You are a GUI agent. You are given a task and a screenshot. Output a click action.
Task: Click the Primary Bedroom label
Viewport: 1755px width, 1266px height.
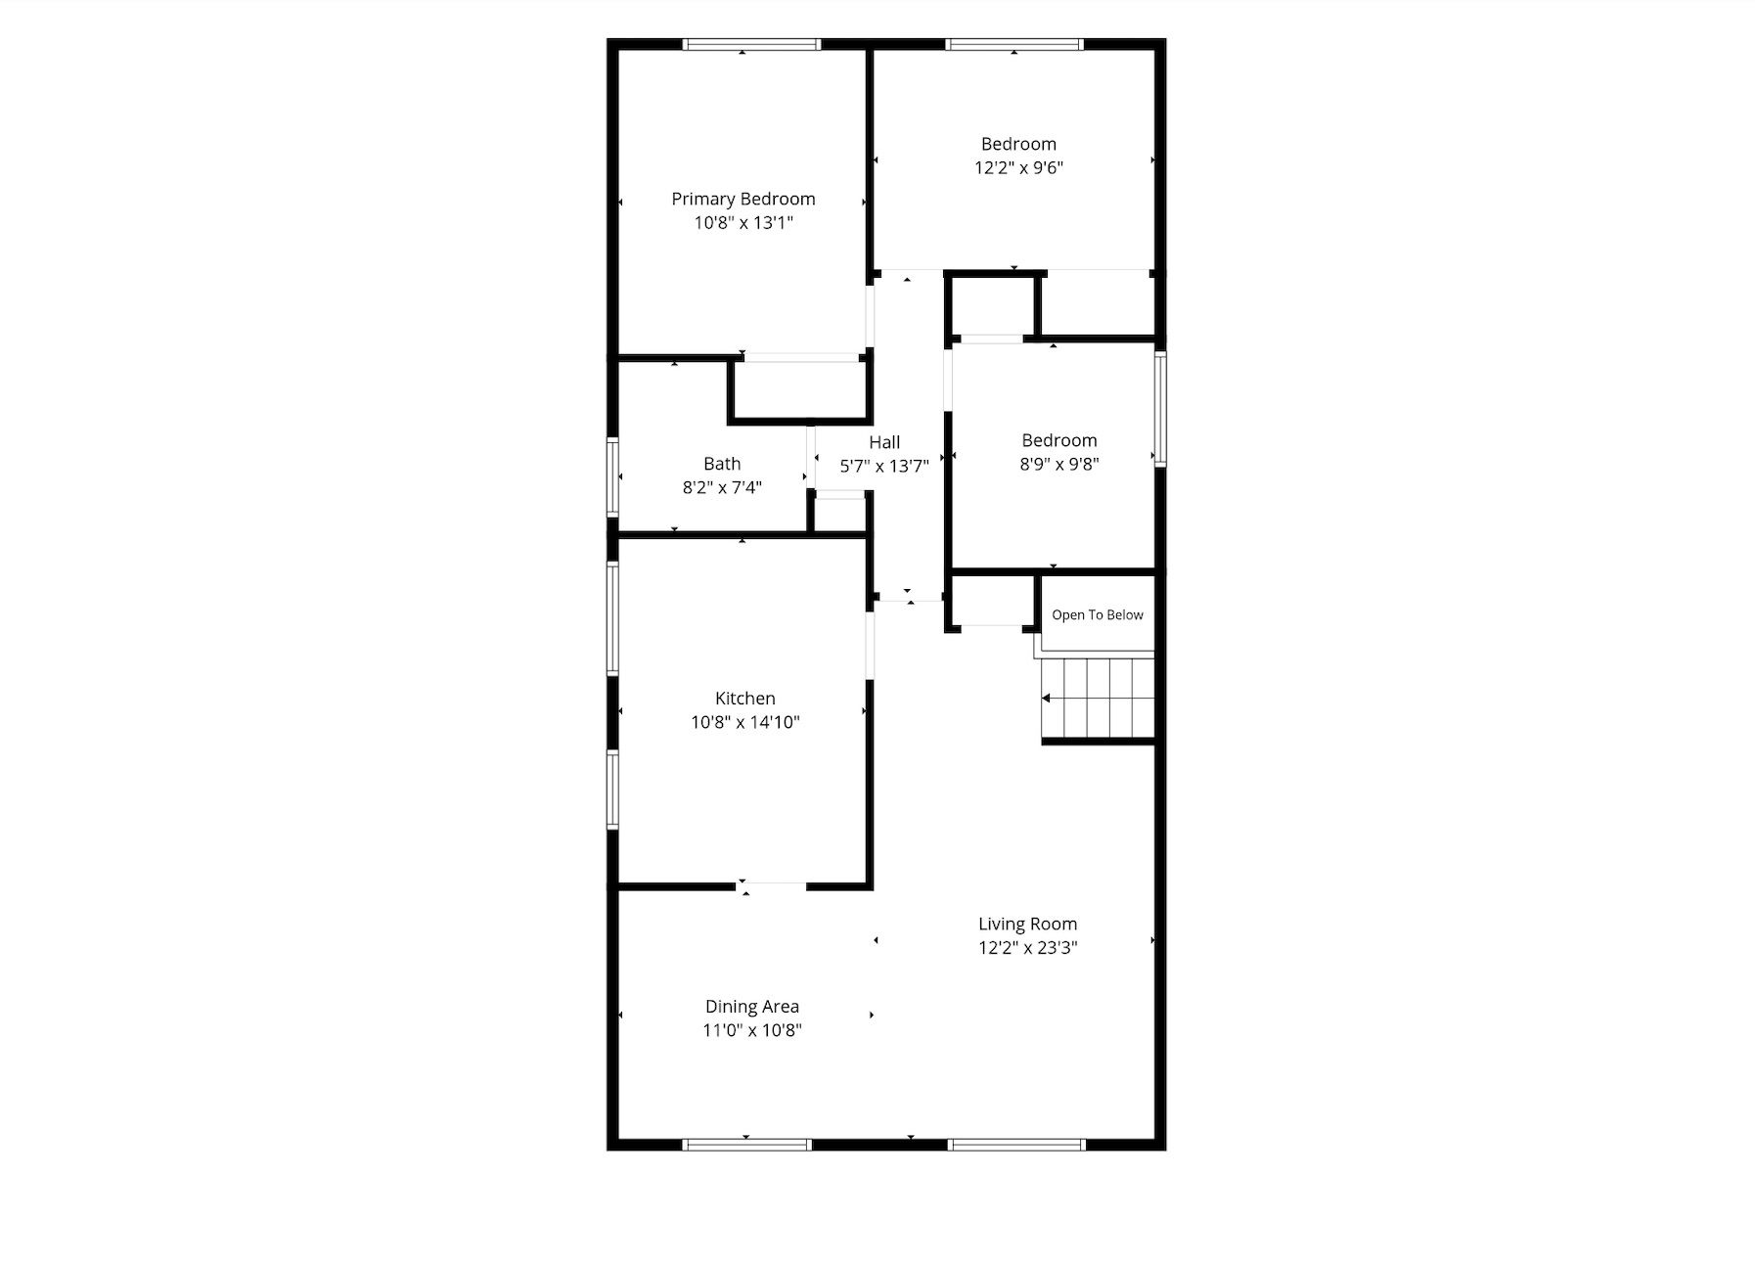click(x=743, y=199)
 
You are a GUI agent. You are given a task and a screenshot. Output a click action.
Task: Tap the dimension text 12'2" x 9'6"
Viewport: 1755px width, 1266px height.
click(x=1018, y=167)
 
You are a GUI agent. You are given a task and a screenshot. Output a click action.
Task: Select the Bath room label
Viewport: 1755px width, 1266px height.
click(x=722, y=464)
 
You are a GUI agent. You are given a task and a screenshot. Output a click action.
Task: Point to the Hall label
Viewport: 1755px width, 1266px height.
click(x=884, y=442)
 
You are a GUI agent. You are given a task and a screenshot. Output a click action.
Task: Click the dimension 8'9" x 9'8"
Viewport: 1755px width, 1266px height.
click(x=1059, y=464)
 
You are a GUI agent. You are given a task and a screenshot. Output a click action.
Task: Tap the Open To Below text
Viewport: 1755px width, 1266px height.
click(x=1098, y=614)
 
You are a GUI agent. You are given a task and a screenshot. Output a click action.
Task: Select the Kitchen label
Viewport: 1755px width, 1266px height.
click(x=745, y=699)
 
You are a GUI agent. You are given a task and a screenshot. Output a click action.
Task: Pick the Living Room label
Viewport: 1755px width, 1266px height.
click(x=1028, y=924)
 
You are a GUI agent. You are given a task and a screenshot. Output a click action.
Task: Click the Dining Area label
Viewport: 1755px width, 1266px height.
click(x=752, y=1006)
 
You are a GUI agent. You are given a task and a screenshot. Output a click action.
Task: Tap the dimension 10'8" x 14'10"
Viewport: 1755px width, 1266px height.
click(x=745, y=722)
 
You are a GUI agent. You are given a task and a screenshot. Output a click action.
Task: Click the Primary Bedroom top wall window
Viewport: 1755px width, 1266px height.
click(x=751, y=44)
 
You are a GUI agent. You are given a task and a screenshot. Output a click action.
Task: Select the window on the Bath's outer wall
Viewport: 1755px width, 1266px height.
click(x=612, y=476)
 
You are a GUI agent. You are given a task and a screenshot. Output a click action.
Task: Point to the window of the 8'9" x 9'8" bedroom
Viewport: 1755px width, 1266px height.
click(x=1160, y=409)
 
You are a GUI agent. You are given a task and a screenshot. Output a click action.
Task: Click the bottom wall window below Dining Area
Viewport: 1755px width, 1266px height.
click(x=747, y=1144)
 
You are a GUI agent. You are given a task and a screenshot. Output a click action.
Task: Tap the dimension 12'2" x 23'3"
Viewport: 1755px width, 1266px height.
click(x=1028, y=947)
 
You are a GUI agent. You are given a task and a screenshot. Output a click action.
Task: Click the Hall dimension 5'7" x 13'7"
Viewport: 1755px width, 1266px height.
click(x=884, y=466)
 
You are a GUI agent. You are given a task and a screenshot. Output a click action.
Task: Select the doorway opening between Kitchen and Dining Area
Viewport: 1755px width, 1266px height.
click(x=771, y=886)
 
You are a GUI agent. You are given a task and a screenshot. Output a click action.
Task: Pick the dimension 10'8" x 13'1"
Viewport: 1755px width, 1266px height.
click(x=743, y=222)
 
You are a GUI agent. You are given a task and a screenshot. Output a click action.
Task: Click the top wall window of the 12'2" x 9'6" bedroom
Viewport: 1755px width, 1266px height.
click(x=1015, y=44)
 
